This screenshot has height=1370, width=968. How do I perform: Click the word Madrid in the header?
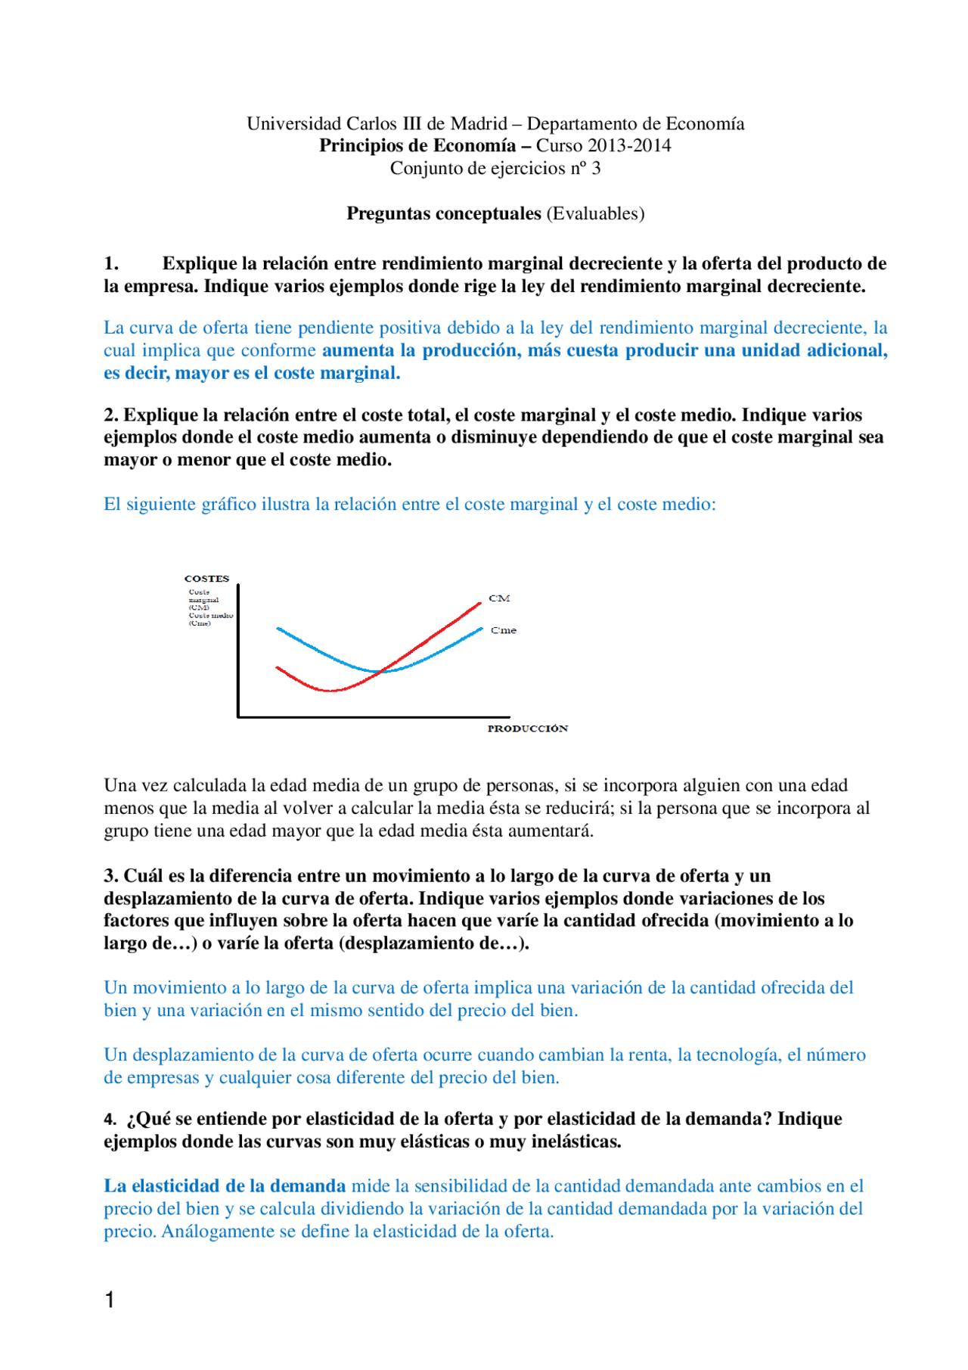[x=479, y=123]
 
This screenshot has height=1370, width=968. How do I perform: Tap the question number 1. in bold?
[x=111, y=263]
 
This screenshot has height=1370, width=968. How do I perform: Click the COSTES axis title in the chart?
[x=206, y=579]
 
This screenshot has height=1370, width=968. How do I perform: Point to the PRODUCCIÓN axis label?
[x=527, y=728]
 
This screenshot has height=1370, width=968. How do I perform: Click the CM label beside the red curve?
[x=499, y=598]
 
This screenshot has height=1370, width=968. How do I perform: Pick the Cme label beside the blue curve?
[x=504, y=630]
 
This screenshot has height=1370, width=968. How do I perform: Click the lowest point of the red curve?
[x=331, y=691]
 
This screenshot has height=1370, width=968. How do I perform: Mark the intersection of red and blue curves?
[x=380, y=671]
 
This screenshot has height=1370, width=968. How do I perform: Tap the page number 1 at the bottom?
[x=110, y=1300]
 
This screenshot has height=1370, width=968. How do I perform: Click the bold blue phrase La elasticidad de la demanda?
[x=225, y=1185]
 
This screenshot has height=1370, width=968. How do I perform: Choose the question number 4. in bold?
[x=110, y=1119]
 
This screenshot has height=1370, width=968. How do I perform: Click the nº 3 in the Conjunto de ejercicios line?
[x=585, y=168]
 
